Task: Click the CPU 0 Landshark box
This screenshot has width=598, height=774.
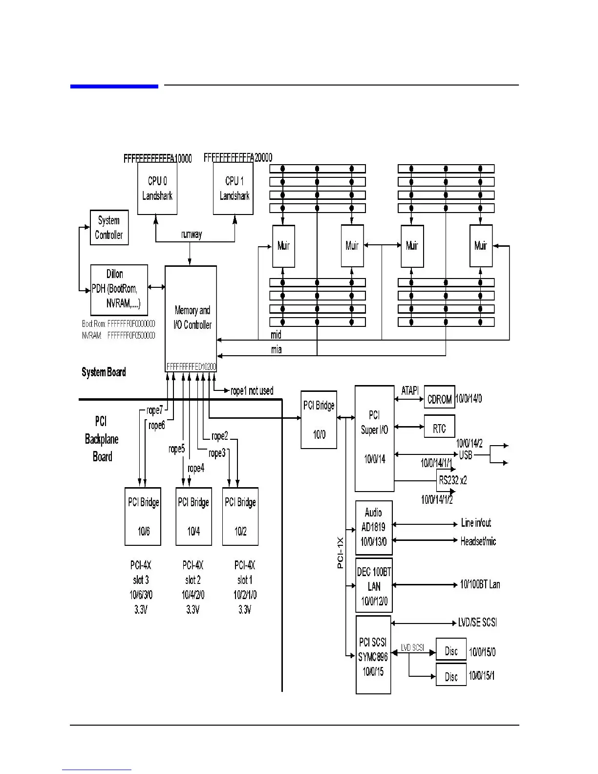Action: tap(157, 189)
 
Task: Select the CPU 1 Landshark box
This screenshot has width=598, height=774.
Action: tap(234, 189)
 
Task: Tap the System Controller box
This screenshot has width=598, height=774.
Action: tap(109, 228)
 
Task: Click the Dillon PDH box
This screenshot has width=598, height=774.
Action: tap(119, 290)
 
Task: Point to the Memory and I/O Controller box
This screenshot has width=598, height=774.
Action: tap(191, 318)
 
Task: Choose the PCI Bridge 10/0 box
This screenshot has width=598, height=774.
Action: tap(319, 420)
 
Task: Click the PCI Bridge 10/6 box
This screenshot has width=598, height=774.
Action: tap(143, 516)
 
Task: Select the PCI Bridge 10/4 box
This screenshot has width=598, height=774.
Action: tap(193, 516)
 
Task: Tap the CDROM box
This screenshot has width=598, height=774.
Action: tap(439, 399)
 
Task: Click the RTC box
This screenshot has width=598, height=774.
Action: tap(439, 428)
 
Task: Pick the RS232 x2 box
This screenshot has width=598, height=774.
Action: tap(452, 480)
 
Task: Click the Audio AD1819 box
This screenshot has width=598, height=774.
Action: tap(374, 527)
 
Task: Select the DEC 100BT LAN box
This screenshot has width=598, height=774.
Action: tap(374, 585)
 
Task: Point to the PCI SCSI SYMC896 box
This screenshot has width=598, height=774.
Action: tap(373, 655)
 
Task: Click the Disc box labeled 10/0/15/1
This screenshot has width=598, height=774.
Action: tap(451, 676)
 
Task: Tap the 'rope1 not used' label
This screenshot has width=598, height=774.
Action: tap(252, 391)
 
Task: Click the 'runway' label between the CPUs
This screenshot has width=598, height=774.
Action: tap(192, 235)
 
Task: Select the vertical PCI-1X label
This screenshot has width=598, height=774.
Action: tap(341, 553)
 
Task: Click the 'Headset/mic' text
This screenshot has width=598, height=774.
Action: tap(478, 541)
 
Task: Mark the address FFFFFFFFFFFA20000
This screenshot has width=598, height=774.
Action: tap(238, 158)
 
